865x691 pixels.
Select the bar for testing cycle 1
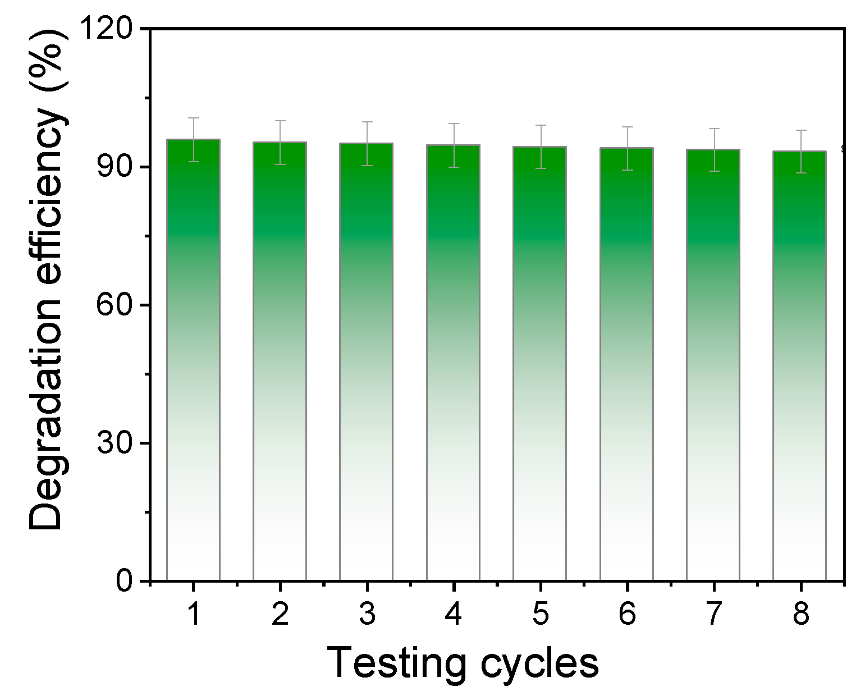pyautogui.click(x=193, y=359)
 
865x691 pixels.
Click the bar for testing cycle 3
pyautogui.click(x=366, y=362)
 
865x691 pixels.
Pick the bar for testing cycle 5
pyautogui.click(x=539, y=364)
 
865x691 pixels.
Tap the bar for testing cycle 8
pyautogui.click(x=799, y=366)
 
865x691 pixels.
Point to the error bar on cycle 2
pyautogui.click(x=280, y=142)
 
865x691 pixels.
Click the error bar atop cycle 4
pyautogui.click(x=453, y=145)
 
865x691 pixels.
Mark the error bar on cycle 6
pyautogui.click(x=626, y=148)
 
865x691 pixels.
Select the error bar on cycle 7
pyautogui.click(x=713, y=150)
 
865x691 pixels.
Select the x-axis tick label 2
pyautogui.click(x=280, y=614)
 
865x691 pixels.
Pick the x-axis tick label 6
pyautogui.click(x=626, y=614)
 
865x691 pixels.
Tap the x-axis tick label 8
pyautogui.click(x=800, y=614)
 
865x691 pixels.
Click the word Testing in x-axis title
pyautogui.click(x=395, y=663)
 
